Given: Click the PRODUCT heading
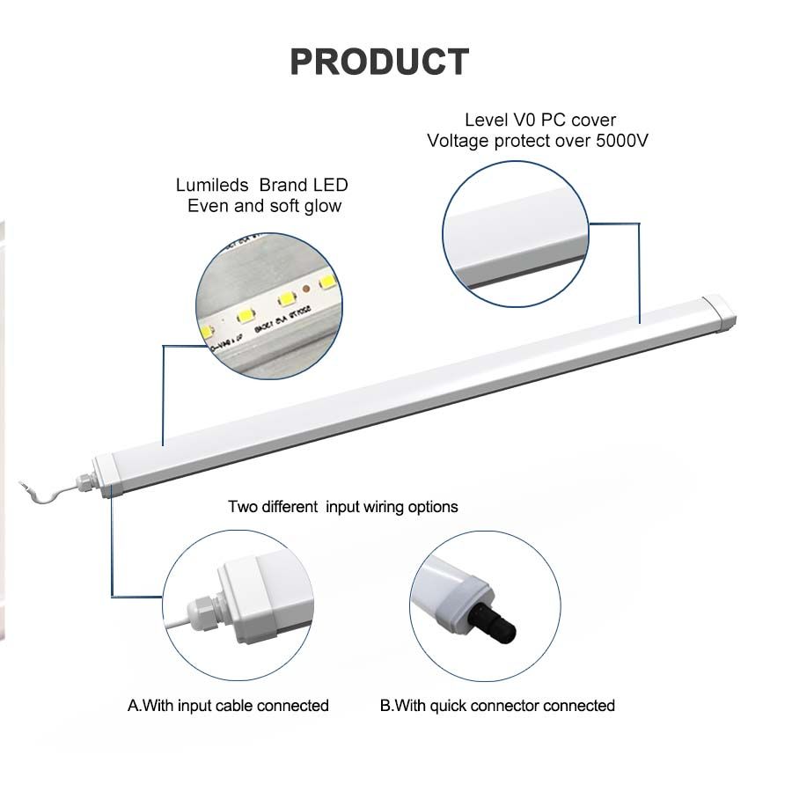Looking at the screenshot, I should click(379, 62).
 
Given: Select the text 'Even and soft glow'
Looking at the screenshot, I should click(264, 207).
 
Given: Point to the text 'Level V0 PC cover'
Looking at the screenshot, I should click(540, 120).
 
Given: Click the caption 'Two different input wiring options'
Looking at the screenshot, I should click(343, 507).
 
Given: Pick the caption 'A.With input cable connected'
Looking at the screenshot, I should click(228, 706).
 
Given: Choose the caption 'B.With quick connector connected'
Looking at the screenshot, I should click(497, 706).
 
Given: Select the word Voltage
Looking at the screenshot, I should click(458, 141).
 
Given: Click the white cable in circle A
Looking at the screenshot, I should click(177, 626).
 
